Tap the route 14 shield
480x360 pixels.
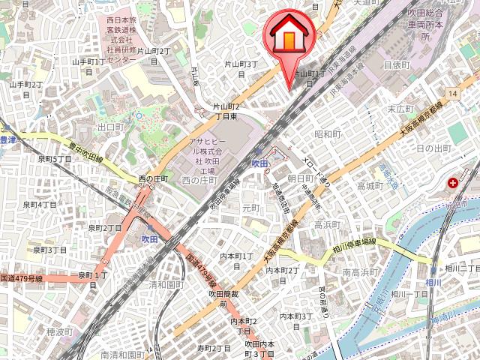point(452,92)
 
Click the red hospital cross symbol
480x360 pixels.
point(454,183)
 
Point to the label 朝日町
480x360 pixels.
point(301,178)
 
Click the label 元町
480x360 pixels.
point(250,207)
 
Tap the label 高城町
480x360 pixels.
point(370,186)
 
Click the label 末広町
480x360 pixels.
point(401,109)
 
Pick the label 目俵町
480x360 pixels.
point(397,65)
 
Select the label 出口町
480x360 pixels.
point(110,127)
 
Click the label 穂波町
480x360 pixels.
point(59,331)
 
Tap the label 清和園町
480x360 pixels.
point(166,285)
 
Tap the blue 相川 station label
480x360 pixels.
point(433,281)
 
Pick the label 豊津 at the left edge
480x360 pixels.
point(7,139)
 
